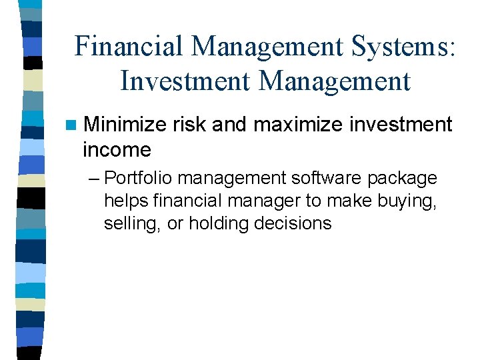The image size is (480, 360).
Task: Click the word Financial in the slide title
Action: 127,47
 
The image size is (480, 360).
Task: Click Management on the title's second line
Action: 334,81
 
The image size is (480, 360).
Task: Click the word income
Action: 117,149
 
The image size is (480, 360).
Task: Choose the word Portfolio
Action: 137,179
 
